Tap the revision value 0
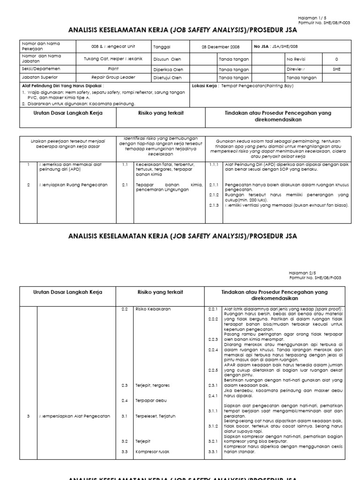(x=336, y=59)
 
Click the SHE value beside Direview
(x=336, y=68)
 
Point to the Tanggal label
(x=161, y=46)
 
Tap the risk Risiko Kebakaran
(x=147, y=309)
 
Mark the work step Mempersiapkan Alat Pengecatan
(x=75, y=416)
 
